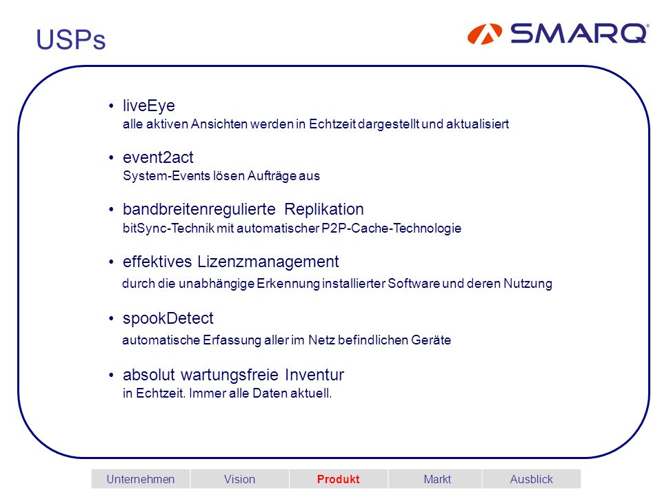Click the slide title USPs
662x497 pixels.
point(71,39)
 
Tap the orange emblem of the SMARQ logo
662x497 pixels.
point(485,34)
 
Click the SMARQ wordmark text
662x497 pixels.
point(579,33)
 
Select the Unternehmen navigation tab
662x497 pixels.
point(141,479)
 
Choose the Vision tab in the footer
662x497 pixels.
point(239,479)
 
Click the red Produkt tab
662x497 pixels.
point(338,479)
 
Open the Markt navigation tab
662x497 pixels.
point(437,479)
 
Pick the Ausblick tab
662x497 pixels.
point(531,479)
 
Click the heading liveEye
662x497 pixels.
point(149,106)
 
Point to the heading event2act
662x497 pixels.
point(158,157)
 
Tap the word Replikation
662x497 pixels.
point(324,209)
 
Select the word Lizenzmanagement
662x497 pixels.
point(268,262)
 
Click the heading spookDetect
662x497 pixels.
point(168,318)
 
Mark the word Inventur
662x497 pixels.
point(314,374)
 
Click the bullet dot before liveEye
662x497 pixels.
point(111,106)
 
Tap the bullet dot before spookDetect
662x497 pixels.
point(111,318)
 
